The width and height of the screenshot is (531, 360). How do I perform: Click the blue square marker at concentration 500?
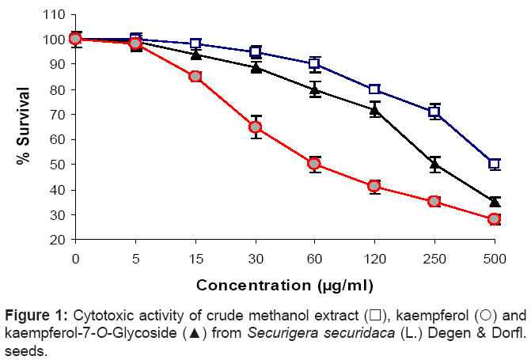(495, 164)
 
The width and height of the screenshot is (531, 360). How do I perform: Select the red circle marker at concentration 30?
(255, 127)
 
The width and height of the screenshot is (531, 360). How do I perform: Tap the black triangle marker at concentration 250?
(434, 165)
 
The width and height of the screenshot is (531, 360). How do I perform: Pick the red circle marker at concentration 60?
(314, 164)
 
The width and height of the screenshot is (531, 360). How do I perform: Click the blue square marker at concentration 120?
(374, 89)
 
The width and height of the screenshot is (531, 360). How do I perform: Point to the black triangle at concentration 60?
(314, 89)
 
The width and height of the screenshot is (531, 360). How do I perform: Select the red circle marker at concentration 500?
(495, 219)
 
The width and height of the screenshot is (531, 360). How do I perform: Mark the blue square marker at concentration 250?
(434, 112)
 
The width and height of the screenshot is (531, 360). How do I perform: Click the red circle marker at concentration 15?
(195, 77)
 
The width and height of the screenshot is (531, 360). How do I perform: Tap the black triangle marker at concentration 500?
(495, 202)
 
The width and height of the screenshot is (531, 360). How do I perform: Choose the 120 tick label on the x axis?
(374, 258)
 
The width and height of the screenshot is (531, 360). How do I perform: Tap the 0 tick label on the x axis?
(75, 258)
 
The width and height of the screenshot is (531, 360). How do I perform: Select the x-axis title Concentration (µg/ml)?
(284, 284)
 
